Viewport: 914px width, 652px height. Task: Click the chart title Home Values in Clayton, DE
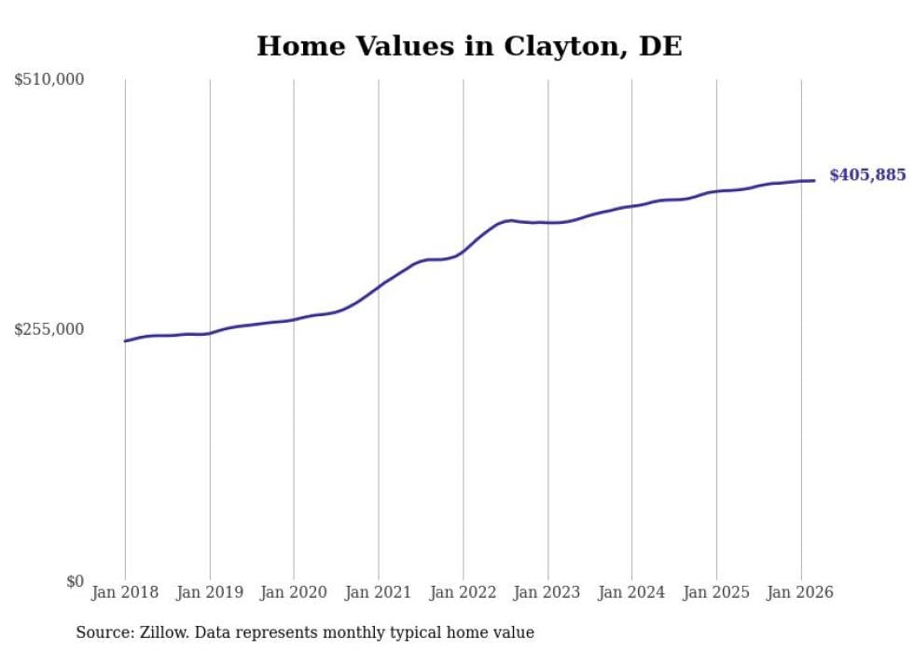tap(469, 46)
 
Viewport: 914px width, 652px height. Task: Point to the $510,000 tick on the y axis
tap(49, 80)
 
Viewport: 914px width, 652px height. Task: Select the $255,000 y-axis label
tap(49, 329)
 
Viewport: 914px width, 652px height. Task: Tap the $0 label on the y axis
tap(75, 581)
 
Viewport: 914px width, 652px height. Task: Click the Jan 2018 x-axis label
tap(125, 592)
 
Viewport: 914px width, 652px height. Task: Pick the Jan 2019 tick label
tap(209, 592)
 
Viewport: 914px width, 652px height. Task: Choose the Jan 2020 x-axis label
tap(294, 592)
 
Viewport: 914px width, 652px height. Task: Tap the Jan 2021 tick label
tap(378, 592)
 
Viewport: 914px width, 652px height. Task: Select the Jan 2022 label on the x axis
tap(463, 592)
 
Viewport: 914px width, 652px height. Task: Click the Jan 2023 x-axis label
tap(547, 592)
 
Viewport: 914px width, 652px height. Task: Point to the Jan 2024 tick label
tap(631, 592)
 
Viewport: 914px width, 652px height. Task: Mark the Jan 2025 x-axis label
tap(716, 592)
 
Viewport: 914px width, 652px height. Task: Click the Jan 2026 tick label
tap(800, 592)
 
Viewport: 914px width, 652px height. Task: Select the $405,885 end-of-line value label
tap(867, 175)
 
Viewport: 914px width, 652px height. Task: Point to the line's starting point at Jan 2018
tap(125, 341)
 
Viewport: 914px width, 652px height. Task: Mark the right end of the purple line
tap(815, 180)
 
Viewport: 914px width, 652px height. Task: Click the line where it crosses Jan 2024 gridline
tap(631, 206)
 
